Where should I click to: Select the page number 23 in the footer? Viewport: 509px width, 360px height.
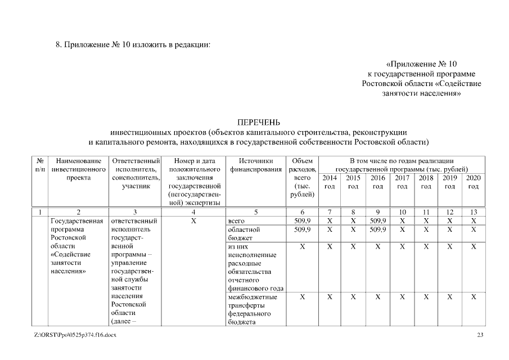[480, 335]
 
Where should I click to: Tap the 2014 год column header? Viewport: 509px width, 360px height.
[329, 181]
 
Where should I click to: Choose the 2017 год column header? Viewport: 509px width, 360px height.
[402, 181]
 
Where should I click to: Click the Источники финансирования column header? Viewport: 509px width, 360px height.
[255, 164]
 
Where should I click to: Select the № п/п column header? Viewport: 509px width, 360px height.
[40, 164]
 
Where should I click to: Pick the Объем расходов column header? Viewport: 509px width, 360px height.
[303, 177]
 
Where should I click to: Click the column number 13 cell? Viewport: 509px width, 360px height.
[474, 212]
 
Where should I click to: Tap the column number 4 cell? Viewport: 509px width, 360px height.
[193, 212]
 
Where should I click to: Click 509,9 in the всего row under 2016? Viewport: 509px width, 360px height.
[377, 221]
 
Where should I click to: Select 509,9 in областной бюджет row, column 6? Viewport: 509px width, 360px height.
[303, 230]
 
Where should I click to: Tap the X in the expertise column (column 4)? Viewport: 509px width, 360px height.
[193, 221]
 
